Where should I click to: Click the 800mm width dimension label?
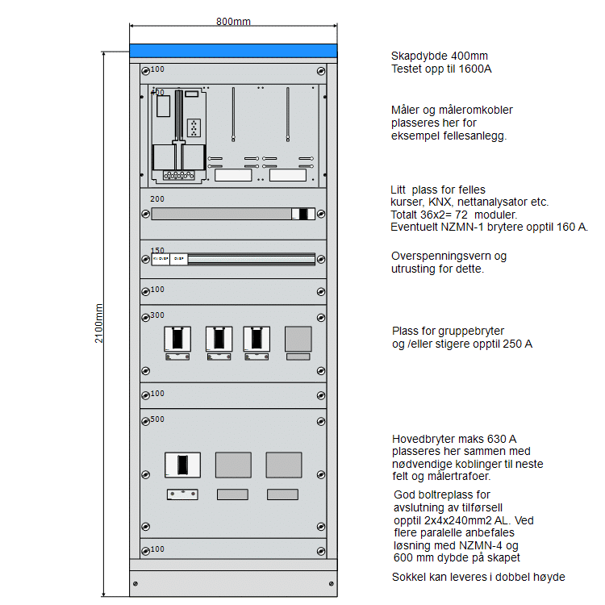(x=233, y=21)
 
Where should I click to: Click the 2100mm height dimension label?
(x=99, y=323)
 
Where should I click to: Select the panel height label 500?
(x=157, y=419)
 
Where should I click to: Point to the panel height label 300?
(x=157, y=315)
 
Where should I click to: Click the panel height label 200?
(x=157, y=198)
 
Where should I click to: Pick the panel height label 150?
(x=157, y=251)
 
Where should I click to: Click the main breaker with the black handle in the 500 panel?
(x=182, y=465)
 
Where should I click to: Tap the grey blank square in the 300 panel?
(x=298, y=339)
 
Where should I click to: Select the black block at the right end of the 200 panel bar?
(x=304, y=214)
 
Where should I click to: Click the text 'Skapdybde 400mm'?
(x=439, y=56)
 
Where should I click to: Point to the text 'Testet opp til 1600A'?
(x=441, y=69)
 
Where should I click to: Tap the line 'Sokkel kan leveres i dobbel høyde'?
(x=478, y=578)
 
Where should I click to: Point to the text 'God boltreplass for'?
(x=442, y=494)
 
